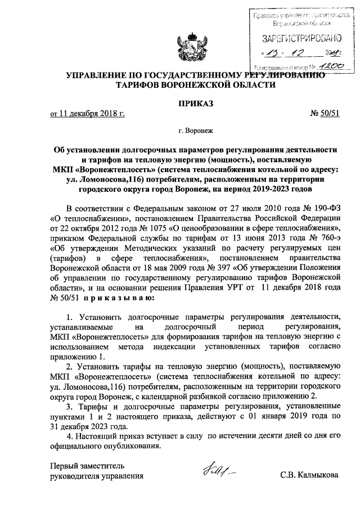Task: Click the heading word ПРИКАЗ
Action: click(188, 103)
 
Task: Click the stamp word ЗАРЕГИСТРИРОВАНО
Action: click(302, 39)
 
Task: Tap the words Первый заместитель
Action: click(84, 465)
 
